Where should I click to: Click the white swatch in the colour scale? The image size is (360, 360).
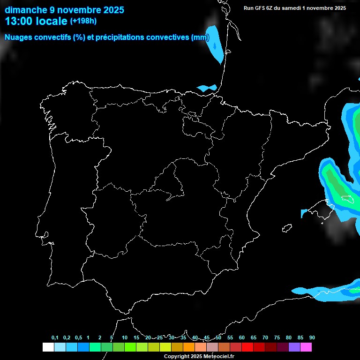pos(48,347)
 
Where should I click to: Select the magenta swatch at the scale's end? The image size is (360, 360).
pos(306,347)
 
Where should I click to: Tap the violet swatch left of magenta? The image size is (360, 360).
pos(294,347)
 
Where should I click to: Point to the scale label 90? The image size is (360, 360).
pos(312,337)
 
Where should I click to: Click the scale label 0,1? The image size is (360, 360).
pos(55,337)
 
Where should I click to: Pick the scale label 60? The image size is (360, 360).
pos(242,337)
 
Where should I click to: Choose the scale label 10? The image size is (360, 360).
pos(125,337)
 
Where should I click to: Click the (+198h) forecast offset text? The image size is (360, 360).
pos(83,21)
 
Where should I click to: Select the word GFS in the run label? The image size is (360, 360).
pos(261,8)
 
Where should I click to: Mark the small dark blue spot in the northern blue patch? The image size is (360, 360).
pos(215,46)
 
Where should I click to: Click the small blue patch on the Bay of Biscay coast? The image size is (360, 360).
pos(207,88)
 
